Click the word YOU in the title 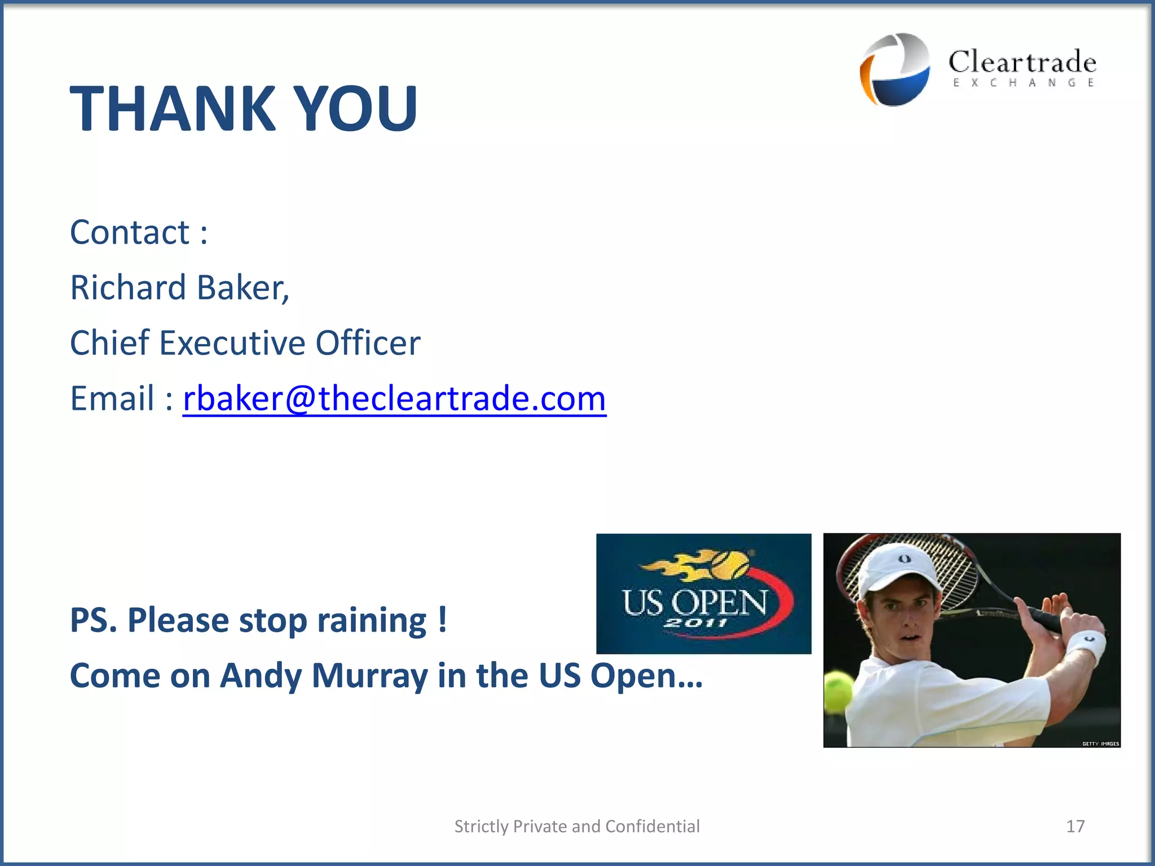(x=356, y=108)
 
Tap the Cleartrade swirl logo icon (x=895, y=69)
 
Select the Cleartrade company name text (x=1022, y=62)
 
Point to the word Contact (x=130, y=232)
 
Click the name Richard (x=127, y=288)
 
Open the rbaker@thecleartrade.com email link (x=394, y=399)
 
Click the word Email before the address (x=112, y=399)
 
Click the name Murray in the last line (x=369, y=675)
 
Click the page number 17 (x=1075, y=826)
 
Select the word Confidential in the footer (x=653, y=826)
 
